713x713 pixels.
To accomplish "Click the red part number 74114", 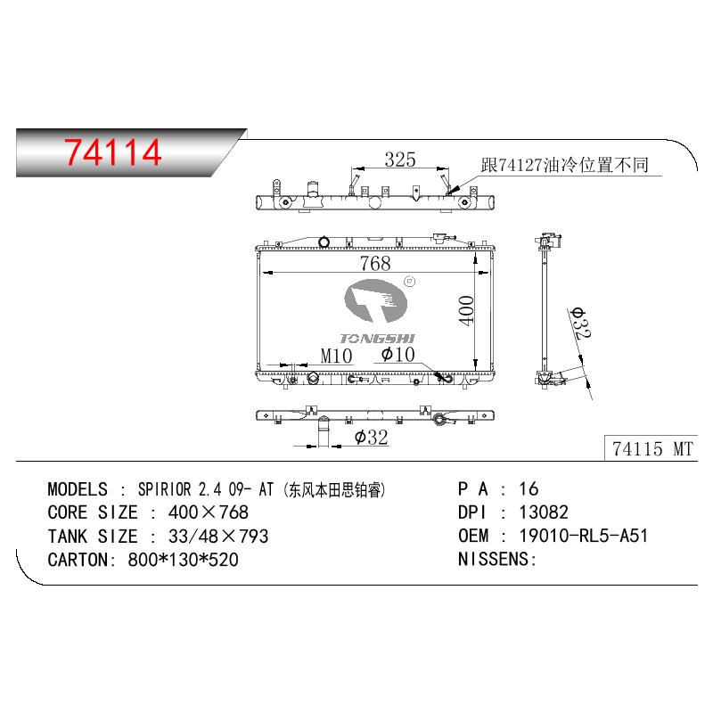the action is (112, 152).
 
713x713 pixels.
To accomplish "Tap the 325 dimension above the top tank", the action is (400, 160).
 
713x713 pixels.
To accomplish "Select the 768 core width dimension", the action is (375, 263).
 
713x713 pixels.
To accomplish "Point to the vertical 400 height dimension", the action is (466, 310).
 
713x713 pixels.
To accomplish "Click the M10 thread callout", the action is (336, 356).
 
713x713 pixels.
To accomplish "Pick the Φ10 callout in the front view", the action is (397, 354).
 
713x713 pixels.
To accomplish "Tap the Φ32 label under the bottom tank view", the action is (371, 438).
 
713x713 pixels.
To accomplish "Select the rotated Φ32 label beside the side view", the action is (580, 324).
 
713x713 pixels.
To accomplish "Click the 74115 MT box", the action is (652, 448).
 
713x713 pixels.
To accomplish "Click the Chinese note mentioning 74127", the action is (565, 165).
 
